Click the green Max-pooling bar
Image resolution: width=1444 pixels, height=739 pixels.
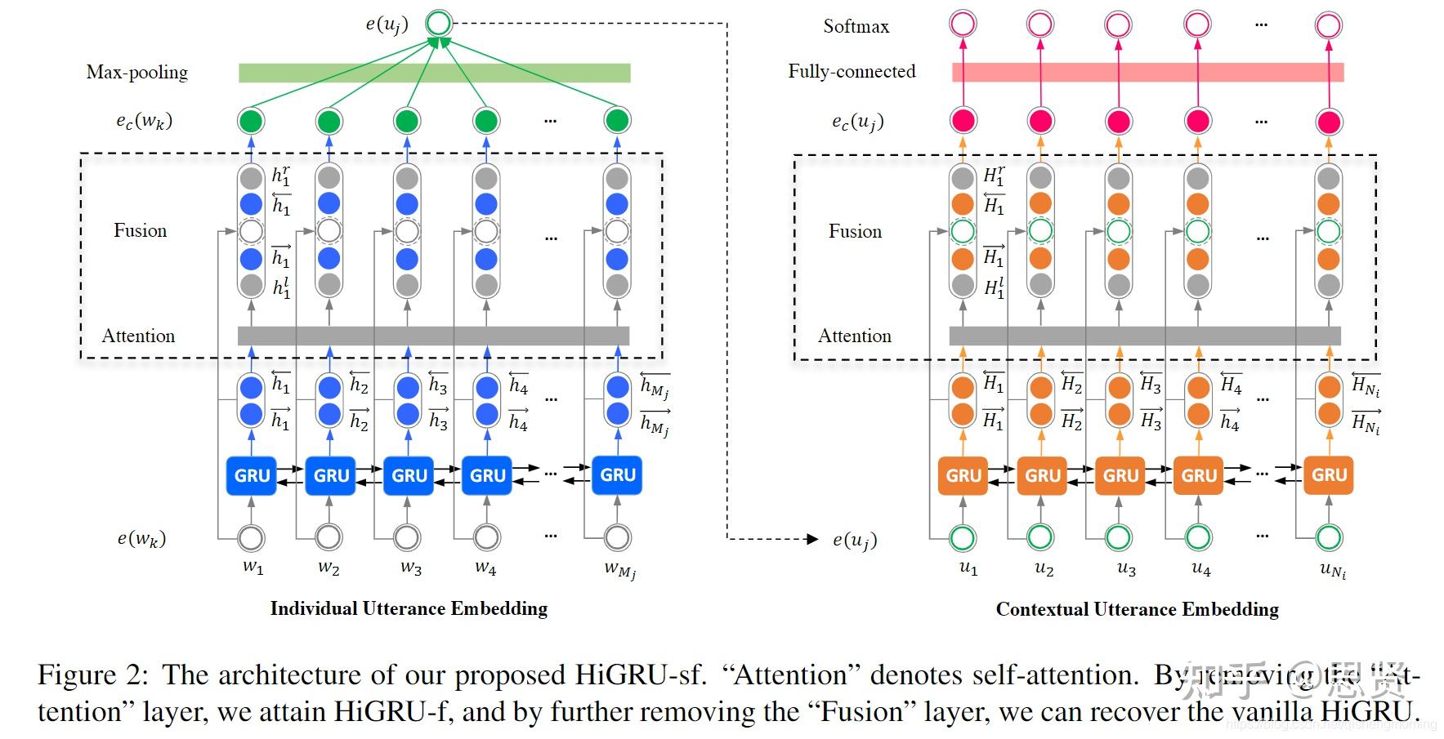(x=434, y=73)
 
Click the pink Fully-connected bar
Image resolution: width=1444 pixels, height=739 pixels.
(x=1147, y=73)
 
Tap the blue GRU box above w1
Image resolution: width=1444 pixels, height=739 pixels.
(x=252, y=475)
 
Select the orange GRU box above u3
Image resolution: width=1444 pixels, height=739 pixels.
(x=1120, y=475)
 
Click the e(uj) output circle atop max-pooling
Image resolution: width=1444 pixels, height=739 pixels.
(x=439, y=23)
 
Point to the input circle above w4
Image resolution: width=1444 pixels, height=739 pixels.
(x=486, y=537)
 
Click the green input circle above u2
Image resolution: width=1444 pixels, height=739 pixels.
(x=1040, y=537)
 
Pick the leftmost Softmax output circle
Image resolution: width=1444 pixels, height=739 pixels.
(x=963, y=24)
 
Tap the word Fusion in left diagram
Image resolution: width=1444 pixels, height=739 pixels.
(x=140, y=231)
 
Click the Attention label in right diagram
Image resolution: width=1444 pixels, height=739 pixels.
(x=854, y=336)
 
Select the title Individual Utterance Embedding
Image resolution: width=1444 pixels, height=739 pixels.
(x=409, y=608)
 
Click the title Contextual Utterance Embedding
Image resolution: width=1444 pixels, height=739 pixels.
(x=1137, y=609)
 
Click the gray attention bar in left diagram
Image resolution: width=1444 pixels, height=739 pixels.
(x=433, y=336)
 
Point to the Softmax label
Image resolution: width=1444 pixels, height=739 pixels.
(x=856, y=26)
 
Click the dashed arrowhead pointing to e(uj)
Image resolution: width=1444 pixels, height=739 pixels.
(x=811, y=539)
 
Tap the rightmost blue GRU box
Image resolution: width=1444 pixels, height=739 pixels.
(x=617, y=475)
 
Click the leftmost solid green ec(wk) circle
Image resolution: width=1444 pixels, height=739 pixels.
(x=251, y=121)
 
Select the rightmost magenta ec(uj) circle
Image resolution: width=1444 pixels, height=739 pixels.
(x=1329, y=122)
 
